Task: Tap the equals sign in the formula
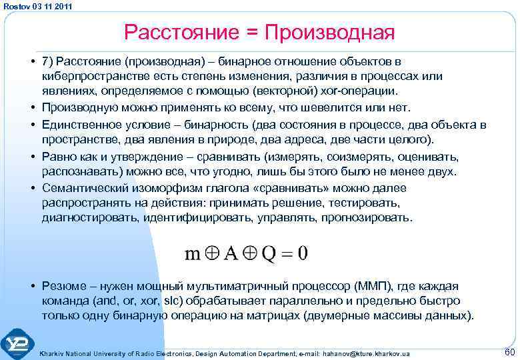coord(287,254)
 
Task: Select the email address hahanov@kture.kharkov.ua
coord(367,353)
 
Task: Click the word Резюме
coord(64,286)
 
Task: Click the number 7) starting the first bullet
coord(47,62)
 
